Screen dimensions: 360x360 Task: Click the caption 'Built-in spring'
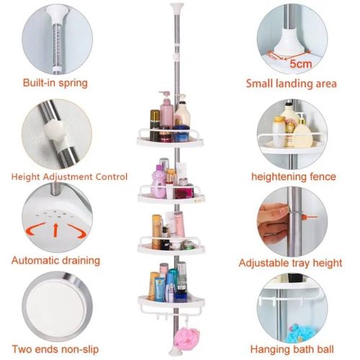55,83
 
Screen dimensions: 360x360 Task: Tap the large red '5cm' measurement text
301,64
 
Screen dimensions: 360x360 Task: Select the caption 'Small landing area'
292,84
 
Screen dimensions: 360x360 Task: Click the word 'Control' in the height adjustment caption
112,177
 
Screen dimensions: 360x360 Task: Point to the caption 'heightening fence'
294,177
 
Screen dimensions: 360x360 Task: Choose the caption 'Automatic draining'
55,261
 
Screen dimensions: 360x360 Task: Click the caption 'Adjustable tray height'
290,263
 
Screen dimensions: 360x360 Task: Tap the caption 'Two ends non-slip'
55,349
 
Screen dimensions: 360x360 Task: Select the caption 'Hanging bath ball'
292,349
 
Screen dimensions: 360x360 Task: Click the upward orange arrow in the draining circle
55,230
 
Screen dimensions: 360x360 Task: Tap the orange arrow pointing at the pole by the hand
310,217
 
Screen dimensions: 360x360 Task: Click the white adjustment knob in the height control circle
54,130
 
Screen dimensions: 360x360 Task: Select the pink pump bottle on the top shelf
166,111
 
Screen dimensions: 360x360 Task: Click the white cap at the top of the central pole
176,6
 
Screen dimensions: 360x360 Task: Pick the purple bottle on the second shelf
158,182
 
